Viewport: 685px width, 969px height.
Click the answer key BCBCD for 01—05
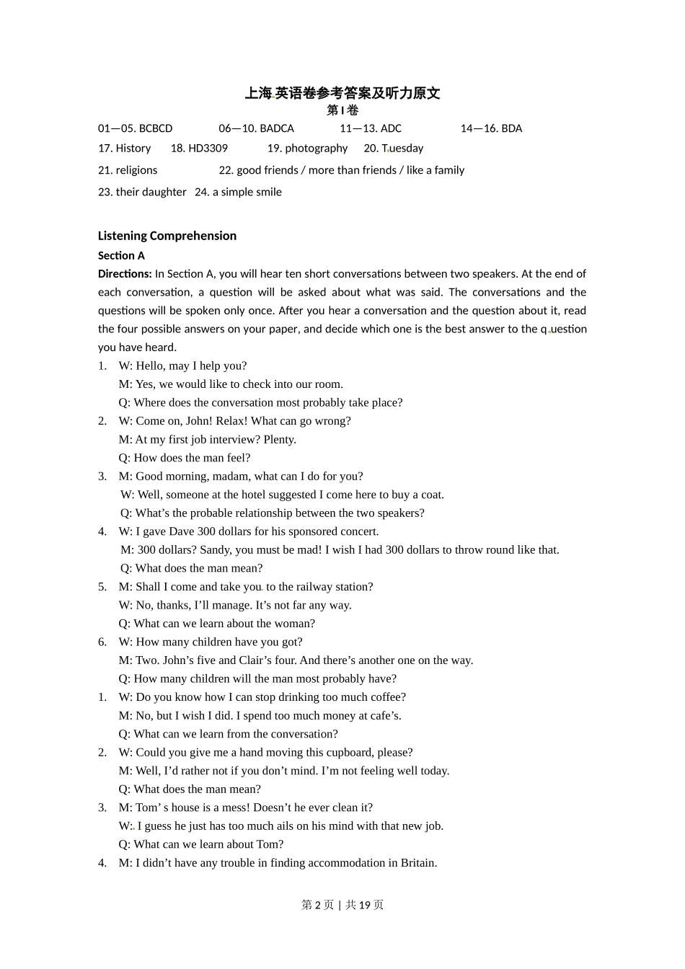pyautogui.click(x=155, y=128)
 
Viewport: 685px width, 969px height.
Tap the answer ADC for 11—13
pyautogui.click(x=390, y=128)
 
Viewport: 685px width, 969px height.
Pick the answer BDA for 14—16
pyautogui.click(x=511, y=128)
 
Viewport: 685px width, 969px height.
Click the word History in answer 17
pyautogui.click(x=133, y=149)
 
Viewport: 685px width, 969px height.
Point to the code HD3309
pyautogui.click(x=208, y=149)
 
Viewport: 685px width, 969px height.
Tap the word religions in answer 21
pyautogui.click(x=136, y=170)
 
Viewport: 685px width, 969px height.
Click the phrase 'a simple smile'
pyautogui.click(x=247, y=192)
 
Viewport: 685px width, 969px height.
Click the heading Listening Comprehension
pyautogui.click(x=167, y=236)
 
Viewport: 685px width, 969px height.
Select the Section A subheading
pyautogui.click(x=121, y=255)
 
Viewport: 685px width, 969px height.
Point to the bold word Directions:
pyautogui.click(x=125, y=274)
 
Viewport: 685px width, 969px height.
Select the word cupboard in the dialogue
pyautogui.click(x=355, y=753)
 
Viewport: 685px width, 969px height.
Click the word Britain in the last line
pyautogui.click(x=417, y=863)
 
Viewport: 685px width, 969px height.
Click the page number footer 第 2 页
pyautogui.click(x=317, y=905)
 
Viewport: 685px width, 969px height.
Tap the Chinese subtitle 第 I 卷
pyautogui.click(x=342, y=110)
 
